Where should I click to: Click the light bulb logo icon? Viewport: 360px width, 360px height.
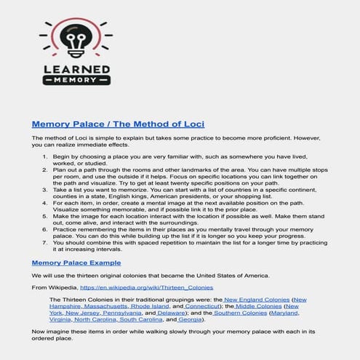click(76, 41)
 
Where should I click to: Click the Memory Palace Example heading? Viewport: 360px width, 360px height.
click(76, 263)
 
